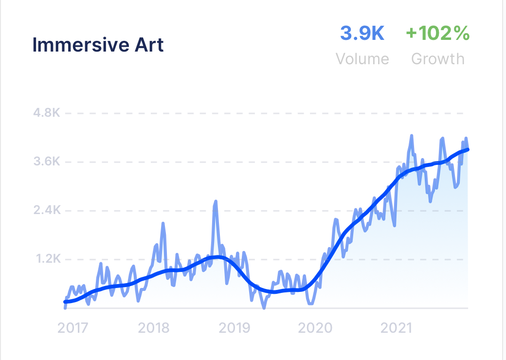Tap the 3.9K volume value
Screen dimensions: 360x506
(362, 34)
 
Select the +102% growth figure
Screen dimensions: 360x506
(437, 34)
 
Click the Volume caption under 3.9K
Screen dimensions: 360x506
(362, 59)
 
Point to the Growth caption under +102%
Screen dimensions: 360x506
(437, 59)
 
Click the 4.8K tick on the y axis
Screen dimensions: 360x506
(47, 113)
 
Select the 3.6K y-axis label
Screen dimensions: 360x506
(47, 162)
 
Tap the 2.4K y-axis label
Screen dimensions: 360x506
(47, 211)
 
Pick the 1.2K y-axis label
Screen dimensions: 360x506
(47, 259)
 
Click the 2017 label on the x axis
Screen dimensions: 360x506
(73, 327)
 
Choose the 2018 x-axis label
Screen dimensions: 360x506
(154, 327)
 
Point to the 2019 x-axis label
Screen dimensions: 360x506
(235, 327)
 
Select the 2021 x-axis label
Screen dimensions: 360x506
(396, 327)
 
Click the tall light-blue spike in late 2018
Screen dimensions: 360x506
(216, 201)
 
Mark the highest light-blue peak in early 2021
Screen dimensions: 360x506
(412, 136)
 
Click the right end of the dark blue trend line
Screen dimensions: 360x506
(468, 149)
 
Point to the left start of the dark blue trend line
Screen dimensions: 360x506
(66, 302)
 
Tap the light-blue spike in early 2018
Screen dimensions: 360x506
(163, 224)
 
